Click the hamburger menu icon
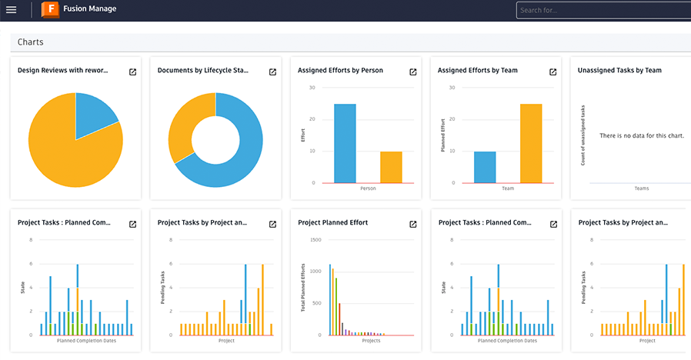pyautogui.click(x=11, y=10)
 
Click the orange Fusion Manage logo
pyautogui.click(x=50, y=10)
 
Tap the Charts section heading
pyautogui.click(x=31, y=42)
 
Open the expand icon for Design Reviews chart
pyautogui.click(x=132, y=72)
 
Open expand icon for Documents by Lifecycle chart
pyautogui.click(x=272, y=72)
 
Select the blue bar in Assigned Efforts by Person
pyautogui.click(x=345, y=143)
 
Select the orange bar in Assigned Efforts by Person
pyautogui.click(x=391, y=167)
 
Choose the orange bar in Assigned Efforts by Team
pyautogui.click(x=531, y=143)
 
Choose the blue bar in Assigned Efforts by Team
pyautogui.click(x=485, y=167)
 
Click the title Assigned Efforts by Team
pyautogui.click(x=477, y=71)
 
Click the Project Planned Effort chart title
pyautogui.click(x=332, y=223)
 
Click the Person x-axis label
pyautogui.click(x=368, y=188)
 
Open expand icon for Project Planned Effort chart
pyautogui.click(x=412, y=224)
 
